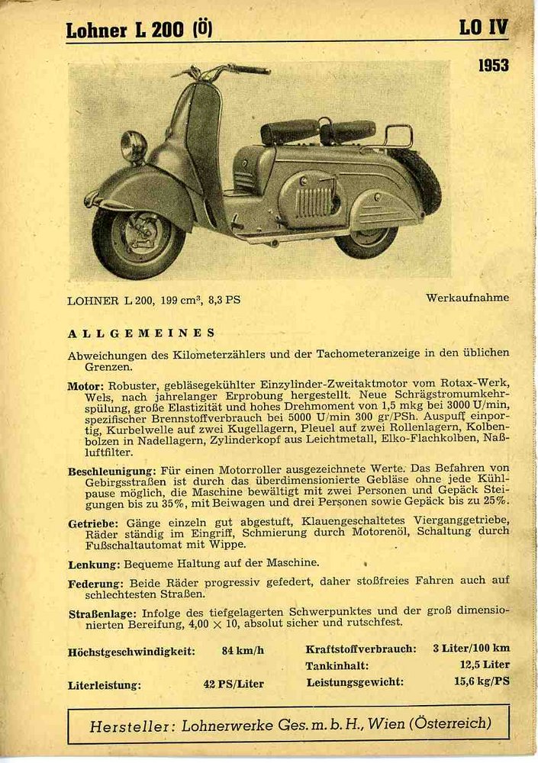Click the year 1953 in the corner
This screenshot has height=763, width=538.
click(x=493, y=66)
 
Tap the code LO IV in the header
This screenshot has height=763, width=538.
click(x=483, y=28)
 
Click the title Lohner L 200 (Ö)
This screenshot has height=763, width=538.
click(x=139, y=30)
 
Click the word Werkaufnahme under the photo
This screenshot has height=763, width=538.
click(x=467, y=298)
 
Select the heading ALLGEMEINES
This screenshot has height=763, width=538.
click(x=141, y=333)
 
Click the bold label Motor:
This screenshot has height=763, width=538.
click(x=85, y=386)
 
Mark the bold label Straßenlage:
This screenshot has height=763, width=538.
click(x=101, y=613)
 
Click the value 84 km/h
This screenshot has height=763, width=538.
click(x=243, y=651)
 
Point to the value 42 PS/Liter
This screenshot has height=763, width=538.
click(x=234, y=684)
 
